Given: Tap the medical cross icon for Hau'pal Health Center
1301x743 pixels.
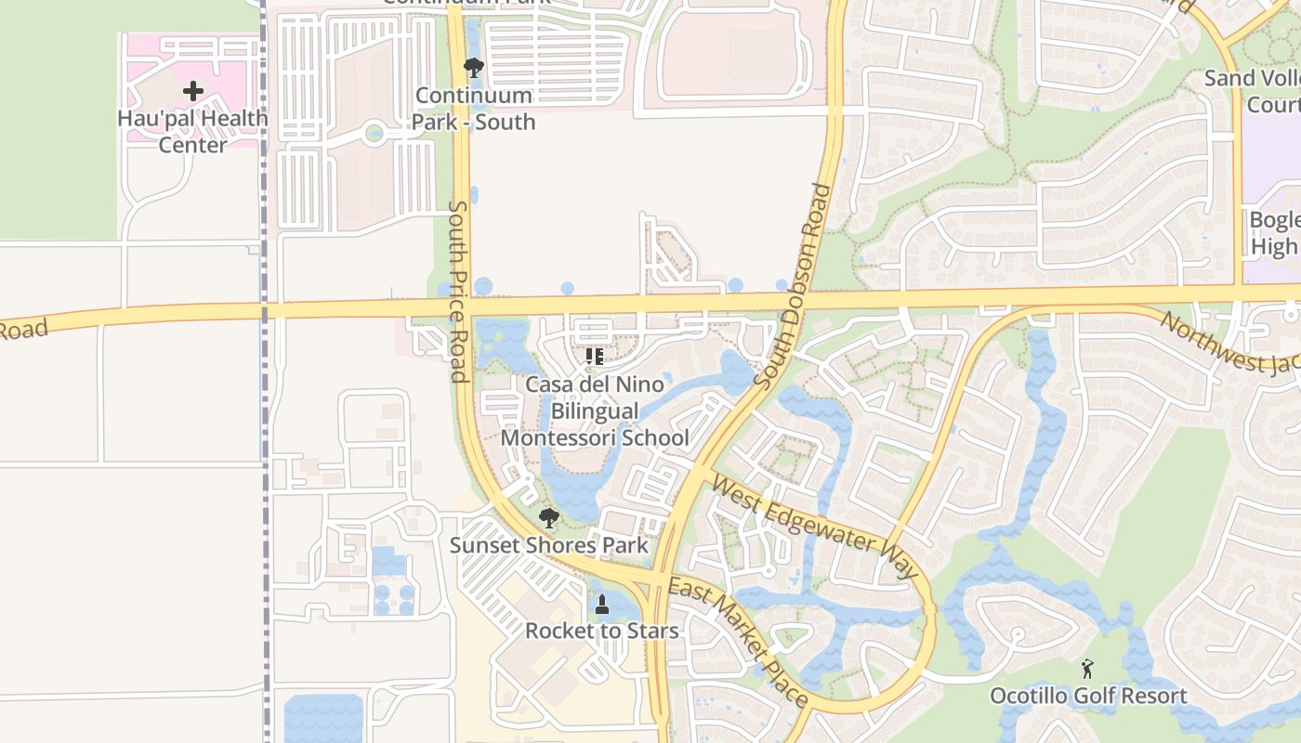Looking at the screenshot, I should coord(193,91).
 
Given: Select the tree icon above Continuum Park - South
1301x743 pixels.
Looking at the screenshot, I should coord(473,67).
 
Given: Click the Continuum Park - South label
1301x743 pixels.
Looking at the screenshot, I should coord(474,109).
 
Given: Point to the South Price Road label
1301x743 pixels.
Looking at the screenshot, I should coord(457,291).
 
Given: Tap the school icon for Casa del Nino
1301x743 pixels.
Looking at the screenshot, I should coord(595,357).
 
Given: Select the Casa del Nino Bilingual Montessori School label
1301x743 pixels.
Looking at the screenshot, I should coord(596,411).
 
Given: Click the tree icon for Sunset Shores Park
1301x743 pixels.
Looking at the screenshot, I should coord(548,517).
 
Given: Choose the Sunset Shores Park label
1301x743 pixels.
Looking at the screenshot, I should coord(549,545).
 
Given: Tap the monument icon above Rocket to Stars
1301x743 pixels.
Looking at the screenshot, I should coord(601,605).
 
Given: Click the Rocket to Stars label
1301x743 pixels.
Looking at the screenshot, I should coord(601,631).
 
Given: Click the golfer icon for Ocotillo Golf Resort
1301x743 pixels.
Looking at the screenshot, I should coord(1087,668).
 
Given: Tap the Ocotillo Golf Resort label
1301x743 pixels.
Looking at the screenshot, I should coord(1088,696).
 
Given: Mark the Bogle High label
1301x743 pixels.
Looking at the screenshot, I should coord(1274,233).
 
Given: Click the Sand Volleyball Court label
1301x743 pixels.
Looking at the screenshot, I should coord(1255,91).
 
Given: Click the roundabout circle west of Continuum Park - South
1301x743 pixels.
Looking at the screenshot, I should coord(374,133).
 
